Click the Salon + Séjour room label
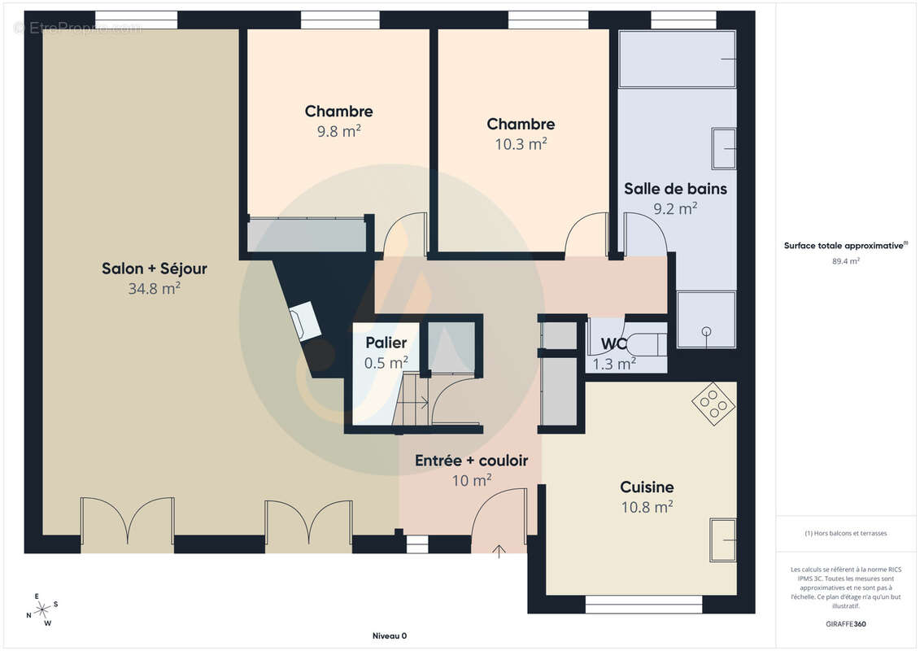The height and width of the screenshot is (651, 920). click(155, 269)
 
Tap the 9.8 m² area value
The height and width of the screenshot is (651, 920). click(339, 132)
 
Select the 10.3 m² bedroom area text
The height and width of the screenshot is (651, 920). click(521, 144)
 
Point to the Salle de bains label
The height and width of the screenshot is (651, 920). click(675, 189)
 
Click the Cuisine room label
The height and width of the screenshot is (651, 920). click(647, 487)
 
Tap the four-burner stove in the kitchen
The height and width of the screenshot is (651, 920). click(714, 404)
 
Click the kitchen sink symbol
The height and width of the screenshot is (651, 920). click(723, 540)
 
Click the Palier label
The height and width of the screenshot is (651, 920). click(386, 343)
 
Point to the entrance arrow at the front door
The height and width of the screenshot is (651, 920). click(499, 552)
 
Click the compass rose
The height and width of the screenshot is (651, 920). click(42, 610)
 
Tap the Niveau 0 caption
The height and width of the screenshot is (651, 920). click(390, 636)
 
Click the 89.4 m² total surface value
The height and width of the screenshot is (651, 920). click(845, 261)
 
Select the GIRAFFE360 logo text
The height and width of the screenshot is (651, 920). click(845, 624)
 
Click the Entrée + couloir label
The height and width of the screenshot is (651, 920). click(471, 461)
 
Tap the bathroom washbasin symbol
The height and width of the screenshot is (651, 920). click(723, 149)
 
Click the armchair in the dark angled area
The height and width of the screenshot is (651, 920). click(305, 321)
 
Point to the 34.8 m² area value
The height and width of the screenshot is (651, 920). click(155, 289)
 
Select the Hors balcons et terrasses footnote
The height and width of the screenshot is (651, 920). click(845, 534)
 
